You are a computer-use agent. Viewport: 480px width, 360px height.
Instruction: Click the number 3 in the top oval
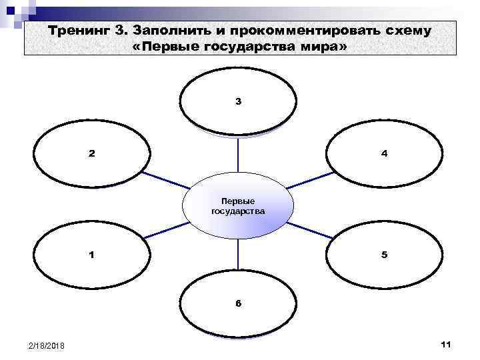(238, 102)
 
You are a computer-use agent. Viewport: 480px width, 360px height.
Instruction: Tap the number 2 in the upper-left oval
(92, 153)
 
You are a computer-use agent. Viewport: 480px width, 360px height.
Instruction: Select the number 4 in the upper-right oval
(384, 153)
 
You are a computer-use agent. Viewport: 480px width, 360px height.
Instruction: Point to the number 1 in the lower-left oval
(92, 255)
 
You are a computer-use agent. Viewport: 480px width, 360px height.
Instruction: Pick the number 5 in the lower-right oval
(384, 255)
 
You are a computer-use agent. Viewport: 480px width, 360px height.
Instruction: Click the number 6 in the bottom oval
(238, 304)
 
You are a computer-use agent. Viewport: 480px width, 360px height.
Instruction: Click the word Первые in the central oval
(238, 201)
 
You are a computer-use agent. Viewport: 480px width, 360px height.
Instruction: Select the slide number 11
(446, 343)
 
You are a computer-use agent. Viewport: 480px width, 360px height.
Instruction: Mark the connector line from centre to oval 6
(238, 257)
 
